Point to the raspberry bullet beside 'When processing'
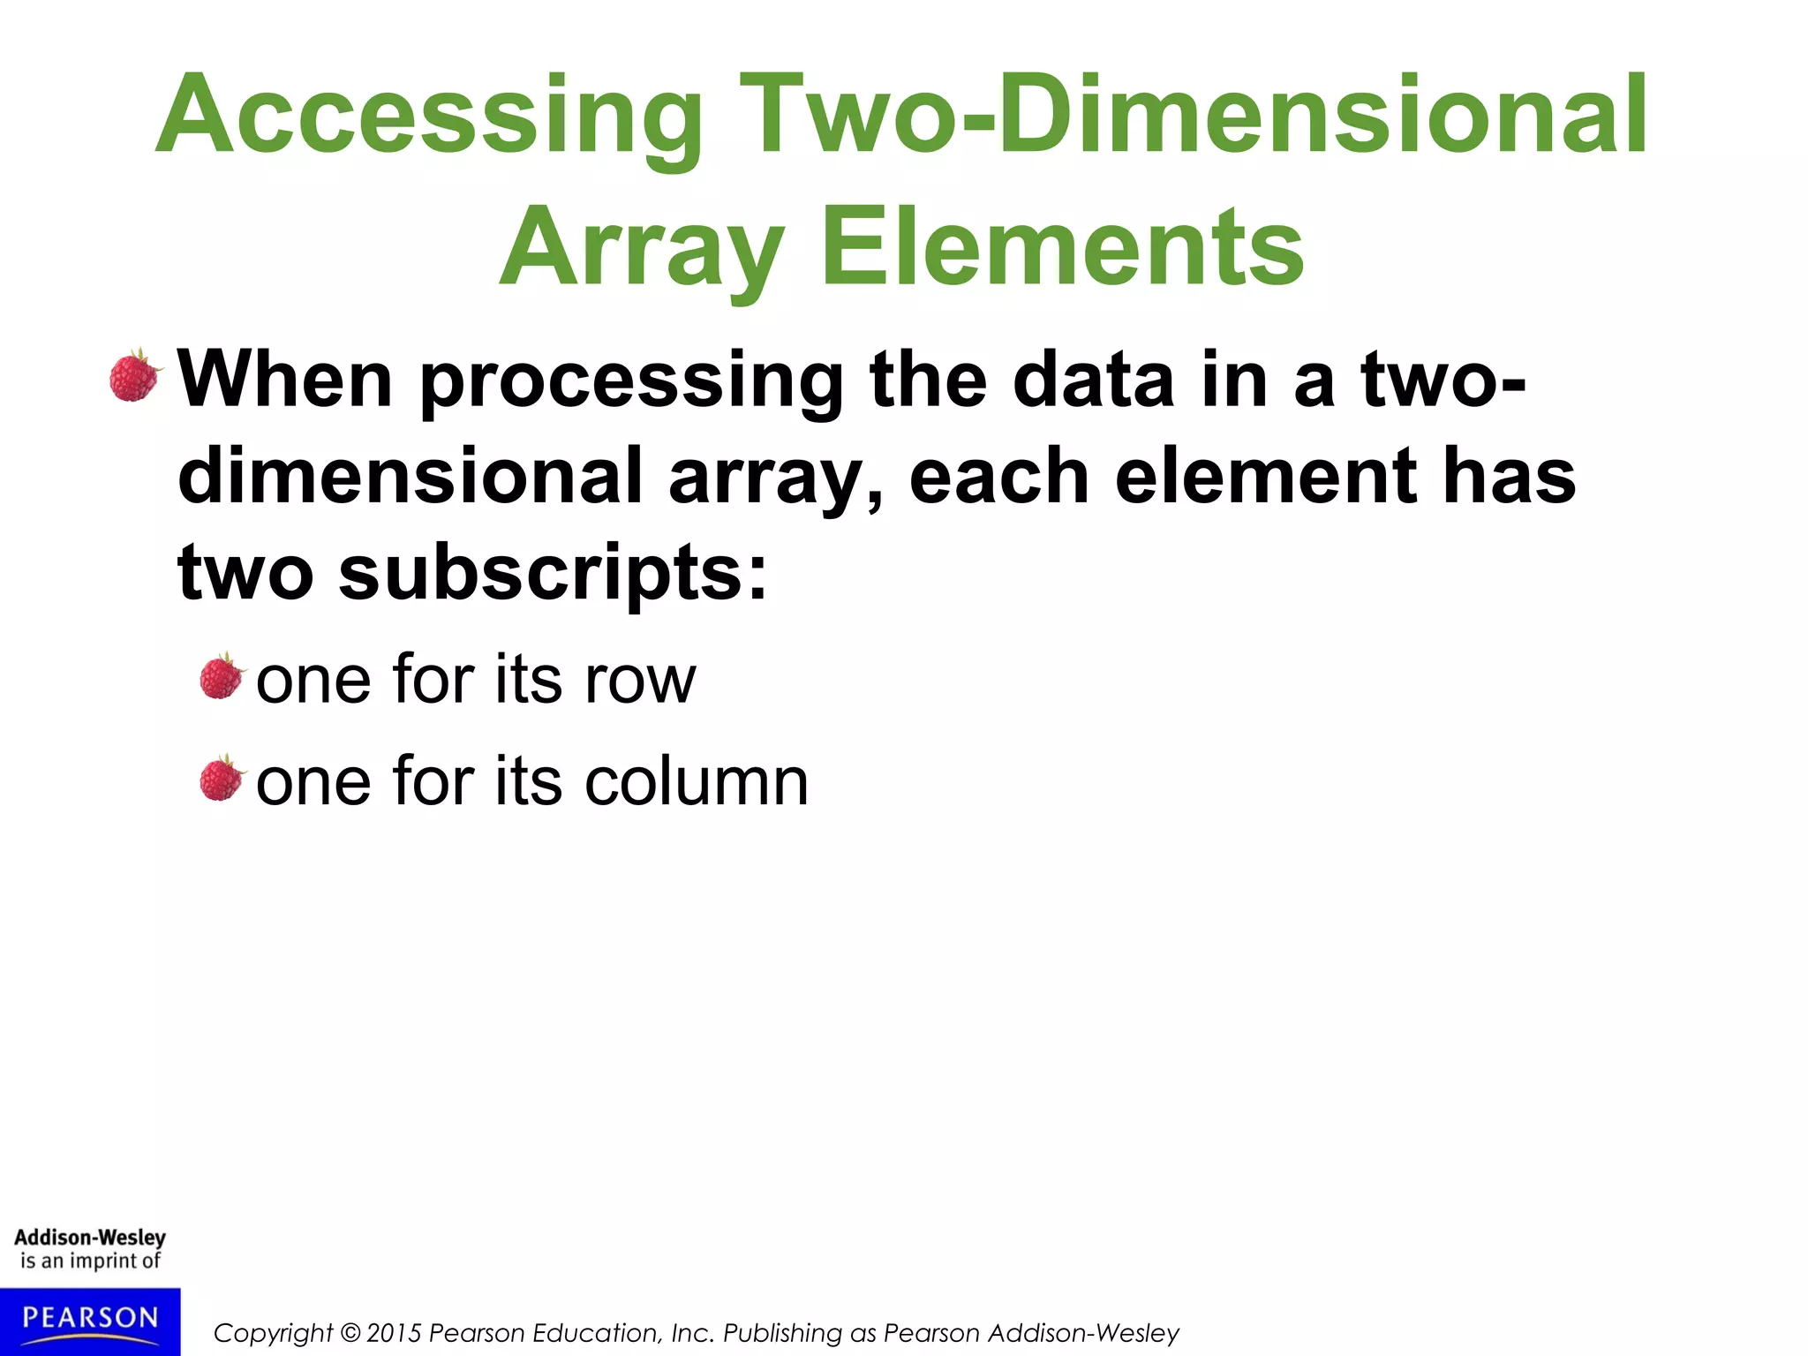(135, 376)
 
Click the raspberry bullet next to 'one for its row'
(221, 678)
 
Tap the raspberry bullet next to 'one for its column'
(221, 780)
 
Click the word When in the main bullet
(285, 380)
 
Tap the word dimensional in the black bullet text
(411, 477)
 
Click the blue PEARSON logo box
(90, 1321)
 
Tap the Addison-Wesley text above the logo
(90, 1238)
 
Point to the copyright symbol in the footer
(350, 1333)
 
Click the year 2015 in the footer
(395, 1333)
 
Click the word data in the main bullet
(1095, 380)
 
